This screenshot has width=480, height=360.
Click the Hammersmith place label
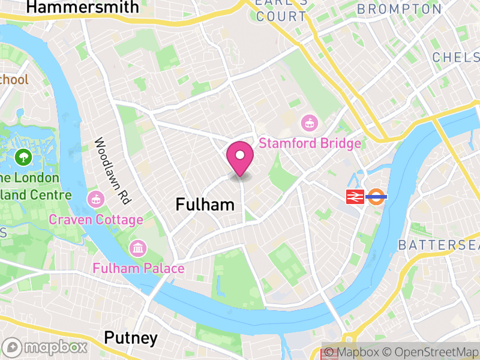(x=83, y=7)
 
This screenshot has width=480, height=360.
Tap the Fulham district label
(x=205, y=205)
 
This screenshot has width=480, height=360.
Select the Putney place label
(x=131, y=338)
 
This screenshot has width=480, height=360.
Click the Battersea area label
(x=438, y=245)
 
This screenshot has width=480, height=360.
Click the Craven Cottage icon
(x=95, y=199)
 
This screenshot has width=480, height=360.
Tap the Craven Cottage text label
(x=96, y=220)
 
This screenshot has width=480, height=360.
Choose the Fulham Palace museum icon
(x=138, y=247)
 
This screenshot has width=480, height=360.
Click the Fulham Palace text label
(x=138, y=268)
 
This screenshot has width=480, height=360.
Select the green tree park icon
(x=25, y=158)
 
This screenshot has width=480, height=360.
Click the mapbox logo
(x=46, y=347)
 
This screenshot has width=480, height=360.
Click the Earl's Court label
(x=281, y=10)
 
